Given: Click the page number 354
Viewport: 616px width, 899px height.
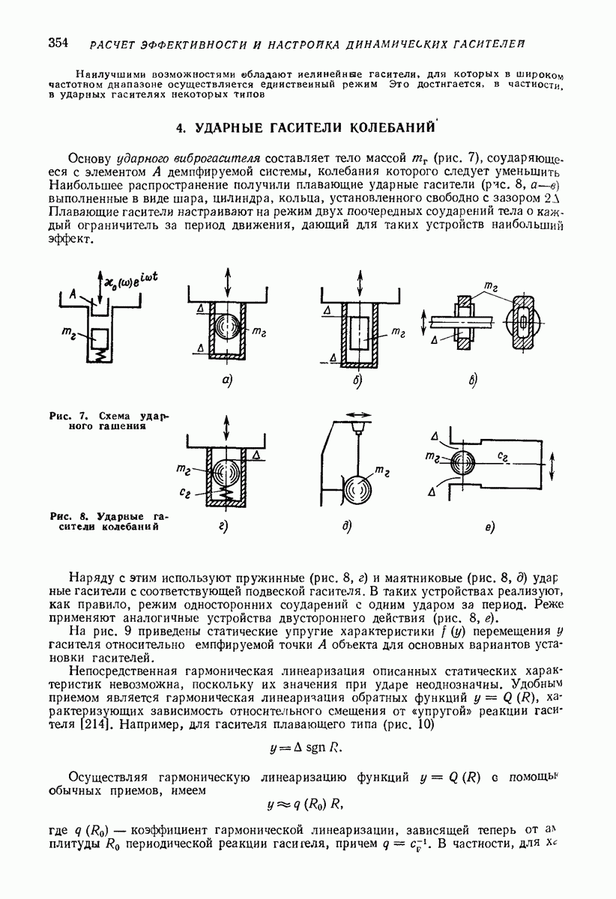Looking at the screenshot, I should [x=57, y=42].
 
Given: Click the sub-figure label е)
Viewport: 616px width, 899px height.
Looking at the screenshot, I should [x=489, y=528].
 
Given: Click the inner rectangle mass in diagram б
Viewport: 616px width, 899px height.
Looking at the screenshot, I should [x=360, y=331].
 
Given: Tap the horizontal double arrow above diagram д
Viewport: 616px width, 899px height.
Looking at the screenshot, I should [x=360, y=414].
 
